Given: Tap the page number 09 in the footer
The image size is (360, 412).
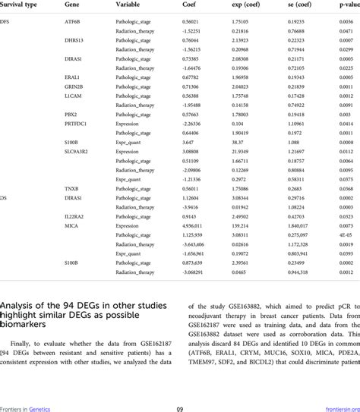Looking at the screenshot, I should click(x=180, y=408).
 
